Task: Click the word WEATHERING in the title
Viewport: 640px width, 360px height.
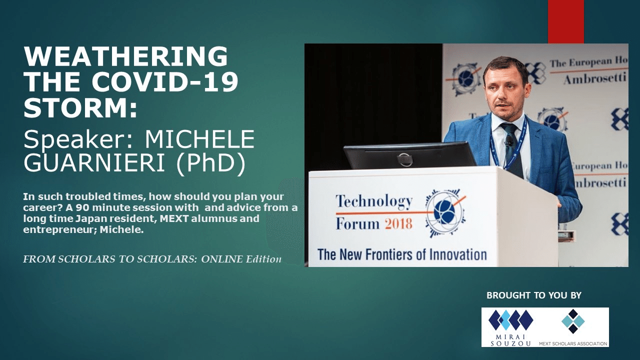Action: click(x=125, y=56)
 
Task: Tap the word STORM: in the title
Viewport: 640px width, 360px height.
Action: click(x=80, y=108)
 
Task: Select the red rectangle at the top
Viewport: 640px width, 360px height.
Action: click(x=565, y=21)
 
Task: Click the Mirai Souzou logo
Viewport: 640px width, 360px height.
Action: click(x=510, y=326)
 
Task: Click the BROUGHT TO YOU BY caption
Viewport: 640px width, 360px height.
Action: click(x=534, y=295)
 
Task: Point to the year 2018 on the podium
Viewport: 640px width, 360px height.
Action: click(x=398, y=223)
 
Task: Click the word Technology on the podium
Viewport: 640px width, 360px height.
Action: click(x=374, y=201)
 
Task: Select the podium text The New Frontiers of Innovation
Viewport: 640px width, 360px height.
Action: click(x=401, y=254)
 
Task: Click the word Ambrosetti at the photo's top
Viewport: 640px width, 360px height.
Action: click(x=595, y=79)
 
